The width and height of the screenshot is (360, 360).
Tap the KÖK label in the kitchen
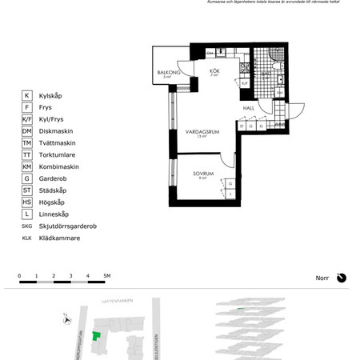click(214, 72)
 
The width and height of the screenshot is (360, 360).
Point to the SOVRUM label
click(202, 173)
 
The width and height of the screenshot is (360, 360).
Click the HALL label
click(249, 109)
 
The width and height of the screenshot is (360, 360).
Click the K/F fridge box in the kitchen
click(245, 82)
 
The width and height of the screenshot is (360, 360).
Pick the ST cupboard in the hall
click(241, 126)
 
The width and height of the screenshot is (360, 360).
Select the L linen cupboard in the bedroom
click(230, 194)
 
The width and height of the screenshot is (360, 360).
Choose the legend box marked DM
click(27, 130)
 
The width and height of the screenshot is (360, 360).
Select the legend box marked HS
click(27, 202)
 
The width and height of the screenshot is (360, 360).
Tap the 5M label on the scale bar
click(106, 276)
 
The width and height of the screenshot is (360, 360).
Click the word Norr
click(323, 278)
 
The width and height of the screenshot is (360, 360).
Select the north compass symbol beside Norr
click(342, 278)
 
